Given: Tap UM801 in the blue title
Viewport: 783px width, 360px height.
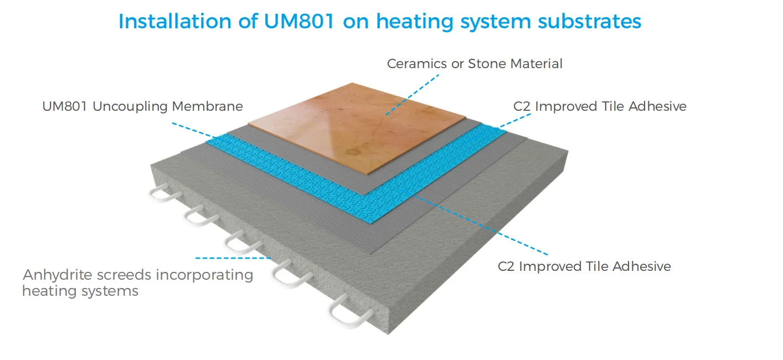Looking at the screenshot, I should point(291,21).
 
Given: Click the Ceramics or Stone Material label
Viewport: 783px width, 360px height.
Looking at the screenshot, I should point(475,64).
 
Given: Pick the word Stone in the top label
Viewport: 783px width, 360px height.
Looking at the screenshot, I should point(487,64).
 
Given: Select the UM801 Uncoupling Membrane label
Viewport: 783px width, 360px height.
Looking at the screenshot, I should point(142,106).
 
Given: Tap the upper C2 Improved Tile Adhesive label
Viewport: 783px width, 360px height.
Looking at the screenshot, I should point(600,106).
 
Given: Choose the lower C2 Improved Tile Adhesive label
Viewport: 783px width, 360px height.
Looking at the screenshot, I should point(584,266).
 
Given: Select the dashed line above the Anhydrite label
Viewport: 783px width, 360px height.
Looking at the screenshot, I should point(233,258).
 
